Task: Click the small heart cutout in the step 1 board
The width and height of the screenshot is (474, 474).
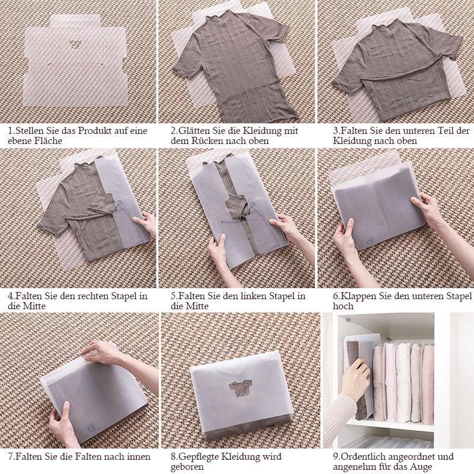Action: pyautogui.click(x=73, y=44)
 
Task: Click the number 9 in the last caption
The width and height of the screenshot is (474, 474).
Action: pyautogui.click(x=335, y=456)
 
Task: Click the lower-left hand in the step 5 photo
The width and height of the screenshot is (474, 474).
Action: pyautogui.click(x=217, y=250)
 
